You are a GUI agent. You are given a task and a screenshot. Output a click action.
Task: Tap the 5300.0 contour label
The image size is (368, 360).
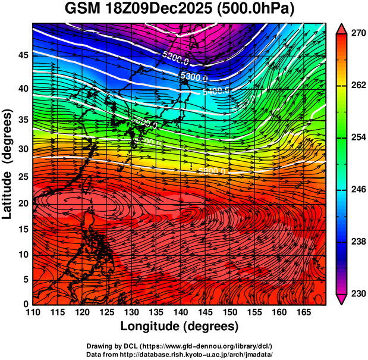pyautogui.click(x=193, y=77)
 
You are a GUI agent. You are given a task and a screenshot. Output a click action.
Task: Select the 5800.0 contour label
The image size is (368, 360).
pyautogui.click(x=212, y=171)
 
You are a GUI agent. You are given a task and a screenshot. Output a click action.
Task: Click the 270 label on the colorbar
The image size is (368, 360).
pyautogui.click(x=357, y=34)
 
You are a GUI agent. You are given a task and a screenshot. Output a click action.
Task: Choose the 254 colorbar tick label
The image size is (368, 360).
pyautogui.click(x=357, y=137)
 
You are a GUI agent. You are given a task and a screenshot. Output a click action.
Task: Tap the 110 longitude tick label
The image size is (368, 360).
pyautogui.click(x=33, y=312)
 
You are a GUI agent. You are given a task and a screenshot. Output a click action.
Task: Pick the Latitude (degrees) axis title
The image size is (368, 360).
pyautogui.click(x=8, y=164)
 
